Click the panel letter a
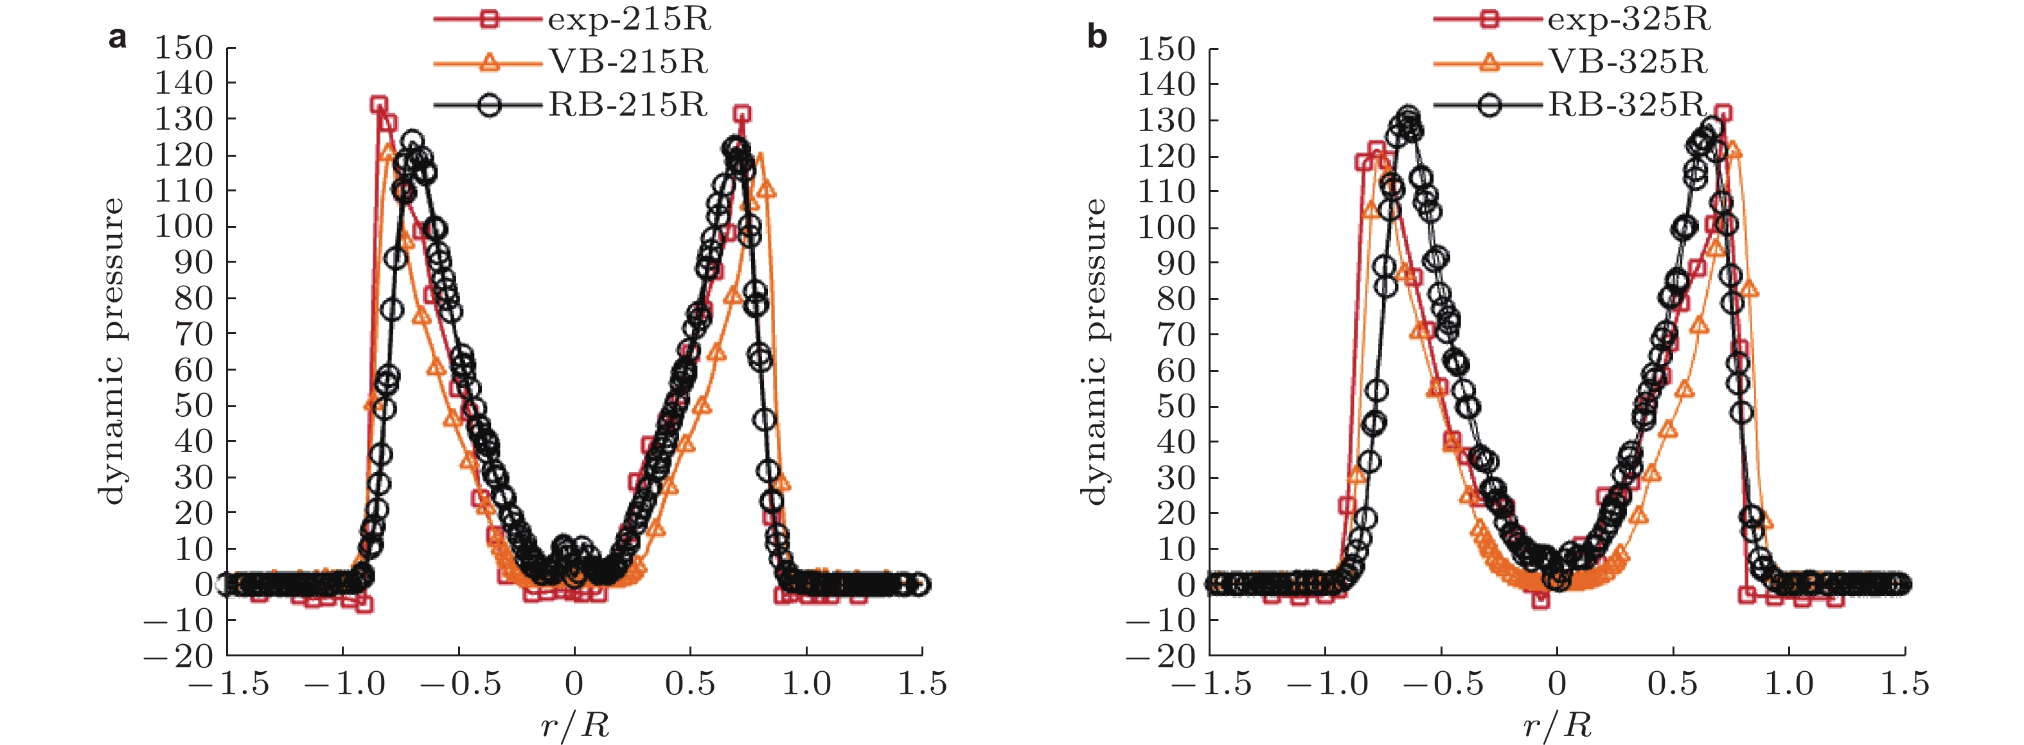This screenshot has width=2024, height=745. (x=117, y=37)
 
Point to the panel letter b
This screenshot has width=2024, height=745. (x=1097, y=37)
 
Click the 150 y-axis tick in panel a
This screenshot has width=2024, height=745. (x=183, y=48)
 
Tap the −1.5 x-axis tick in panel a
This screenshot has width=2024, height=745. (x=228, y=684)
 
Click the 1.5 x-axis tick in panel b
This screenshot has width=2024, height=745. (x=1904, y=684)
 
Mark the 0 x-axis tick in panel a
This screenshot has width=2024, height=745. (x=574, y=684)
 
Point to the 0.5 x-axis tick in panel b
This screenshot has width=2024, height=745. (x=1673, y=684)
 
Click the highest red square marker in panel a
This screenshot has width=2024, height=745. (x=378, y=105)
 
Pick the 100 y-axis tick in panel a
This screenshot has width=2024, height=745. (x=183, y=226)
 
